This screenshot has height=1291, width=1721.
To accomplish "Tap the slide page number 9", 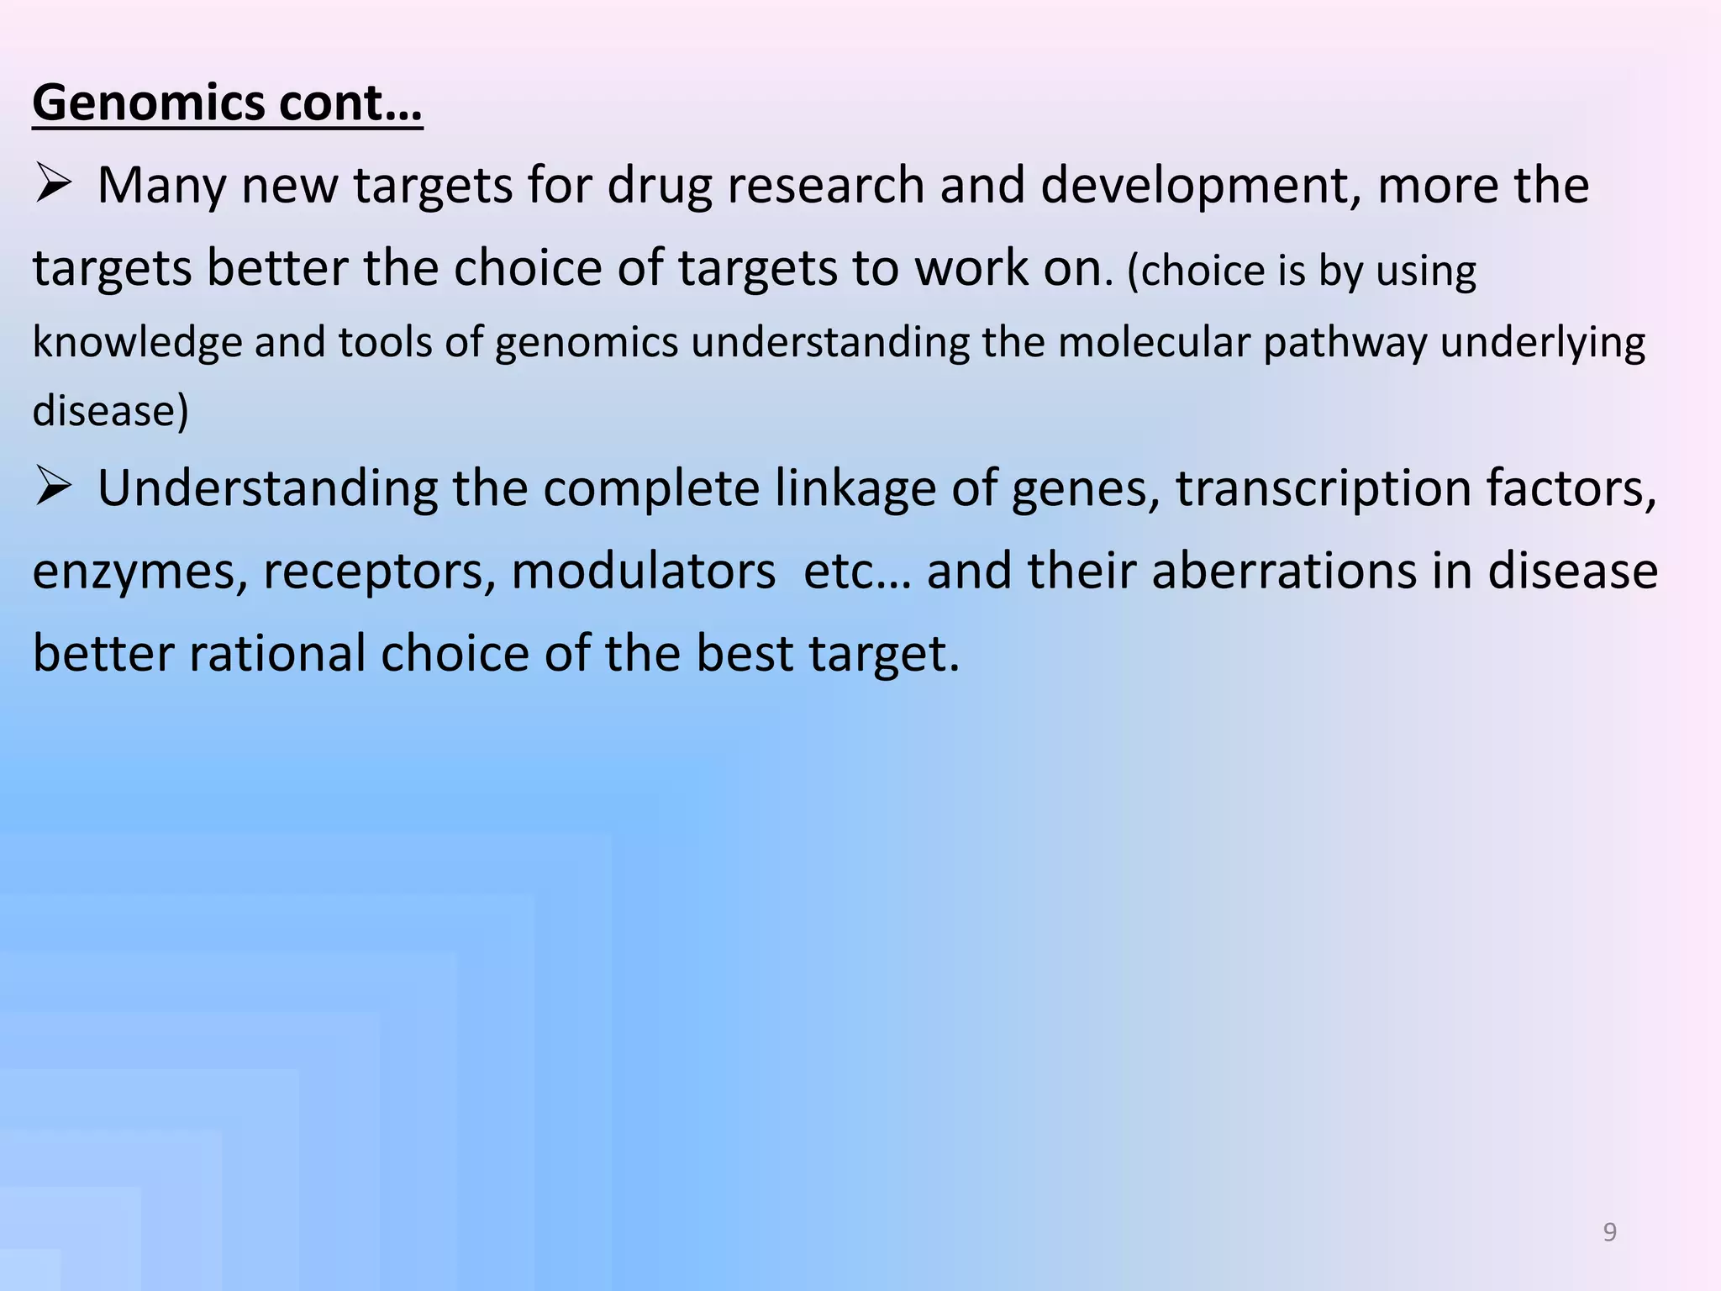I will [x=1609, y=1231].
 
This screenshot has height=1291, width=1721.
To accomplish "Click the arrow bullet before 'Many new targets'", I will [x=52, y=184].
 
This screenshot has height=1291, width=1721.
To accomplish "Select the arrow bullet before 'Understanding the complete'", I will [x=52, y=487].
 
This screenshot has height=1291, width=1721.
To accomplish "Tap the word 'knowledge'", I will [x=137, y=343].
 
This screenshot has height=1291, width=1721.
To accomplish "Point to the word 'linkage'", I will [x=855, y=489].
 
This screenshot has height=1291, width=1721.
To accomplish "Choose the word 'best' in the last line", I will [x=744, y=654].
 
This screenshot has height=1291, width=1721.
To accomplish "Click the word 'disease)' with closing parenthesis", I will [x=110, y=412].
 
